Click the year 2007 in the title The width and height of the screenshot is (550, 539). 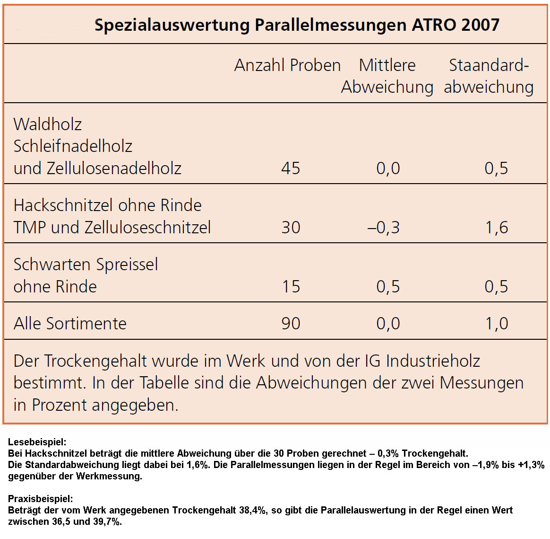pos(480,25)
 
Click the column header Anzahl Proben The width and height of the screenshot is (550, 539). pos(287,65)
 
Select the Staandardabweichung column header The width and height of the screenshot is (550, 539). pos(489,76)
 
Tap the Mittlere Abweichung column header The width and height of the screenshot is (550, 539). pos(387,76)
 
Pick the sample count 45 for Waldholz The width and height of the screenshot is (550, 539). pos(291,168)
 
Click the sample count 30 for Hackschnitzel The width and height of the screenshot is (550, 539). pos(291,228)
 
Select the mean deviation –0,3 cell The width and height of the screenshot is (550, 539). pos(384,228)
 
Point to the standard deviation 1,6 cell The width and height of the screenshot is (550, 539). pos(496,228)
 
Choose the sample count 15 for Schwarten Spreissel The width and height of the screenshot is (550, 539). pos(291,287)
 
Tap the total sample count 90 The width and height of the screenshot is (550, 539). pos(291,324)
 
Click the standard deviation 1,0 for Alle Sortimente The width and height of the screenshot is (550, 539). pos(496,324)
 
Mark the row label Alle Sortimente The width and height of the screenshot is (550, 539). pos(70,324)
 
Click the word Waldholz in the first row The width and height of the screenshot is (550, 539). pos(48,124)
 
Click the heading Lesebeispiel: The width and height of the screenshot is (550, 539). pos(37,442)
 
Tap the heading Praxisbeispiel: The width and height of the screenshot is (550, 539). pos(41,499)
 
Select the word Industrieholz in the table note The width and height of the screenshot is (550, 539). pos(433,361)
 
